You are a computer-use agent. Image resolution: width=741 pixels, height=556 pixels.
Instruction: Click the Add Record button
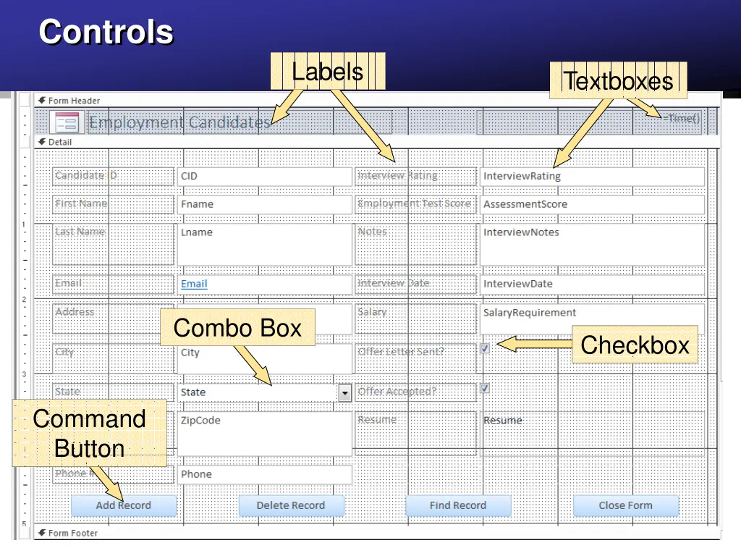(x=124, y=505)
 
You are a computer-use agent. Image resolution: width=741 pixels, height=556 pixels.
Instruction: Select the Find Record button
(x=458, y=505)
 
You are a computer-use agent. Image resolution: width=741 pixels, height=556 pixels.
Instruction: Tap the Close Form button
(x=625, y=505)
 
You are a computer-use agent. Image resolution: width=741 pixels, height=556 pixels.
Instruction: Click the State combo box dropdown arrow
(x=345, y=392)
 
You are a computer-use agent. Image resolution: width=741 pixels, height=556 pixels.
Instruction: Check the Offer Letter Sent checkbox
(x=485, y=348)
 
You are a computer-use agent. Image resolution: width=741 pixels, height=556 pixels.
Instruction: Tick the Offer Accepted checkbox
(x=485, y=388)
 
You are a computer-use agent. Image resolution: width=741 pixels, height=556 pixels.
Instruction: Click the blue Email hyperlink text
(x=194, y=284)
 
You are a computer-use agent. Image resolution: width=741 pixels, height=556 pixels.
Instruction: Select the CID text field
(x=264, y=176)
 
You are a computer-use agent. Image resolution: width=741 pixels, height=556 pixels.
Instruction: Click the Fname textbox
(x=264, y=204)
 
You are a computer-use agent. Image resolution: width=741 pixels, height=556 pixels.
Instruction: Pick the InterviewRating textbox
(x=592, y=176)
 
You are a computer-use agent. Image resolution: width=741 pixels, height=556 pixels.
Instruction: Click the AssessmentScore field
(x=592, y=204)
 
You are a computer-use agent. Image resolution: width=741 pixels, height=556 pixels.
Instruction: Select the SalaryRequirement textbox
(x=592, y=313)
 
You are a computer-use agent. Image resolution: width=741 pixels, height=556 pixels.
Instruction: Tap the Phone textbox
(x=264, y=474)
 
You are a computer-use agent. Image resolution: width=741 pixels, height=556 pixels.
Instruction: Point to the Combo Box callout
(x=237, y=328)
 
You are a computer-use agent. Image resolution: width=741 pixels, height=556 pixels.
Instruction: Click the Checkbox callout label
(x=635, y=345)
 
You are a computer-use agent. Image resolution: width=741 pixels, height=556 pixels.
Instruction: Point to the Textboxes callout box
(x=618, y=80)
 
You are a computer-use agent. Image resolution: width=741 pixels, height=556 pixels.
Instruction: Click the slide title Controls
(x=106, y=32)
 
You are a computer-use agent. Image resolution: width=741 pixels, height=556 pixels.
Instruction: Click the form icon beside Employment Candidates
(x=67, y=122)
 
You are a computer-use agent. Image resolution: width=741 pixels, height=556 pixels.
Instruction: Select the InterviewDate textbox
(x=592, y=284)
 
